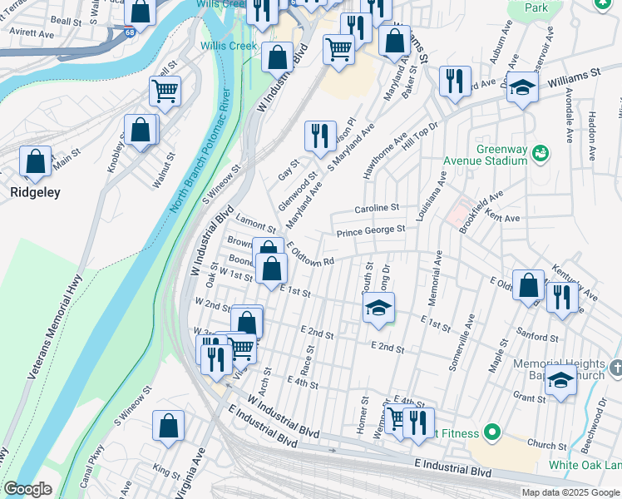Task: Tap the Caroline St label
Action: coord(377,208)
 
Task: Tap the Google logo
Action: coord(27,489)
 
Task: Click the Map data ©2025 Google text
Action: coord(571,492)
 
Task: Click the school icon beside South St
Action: coord(378,308)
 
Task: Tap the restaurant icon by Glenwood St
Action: coord(320,136)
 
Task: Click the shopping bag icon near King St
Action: coord(168,426)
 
